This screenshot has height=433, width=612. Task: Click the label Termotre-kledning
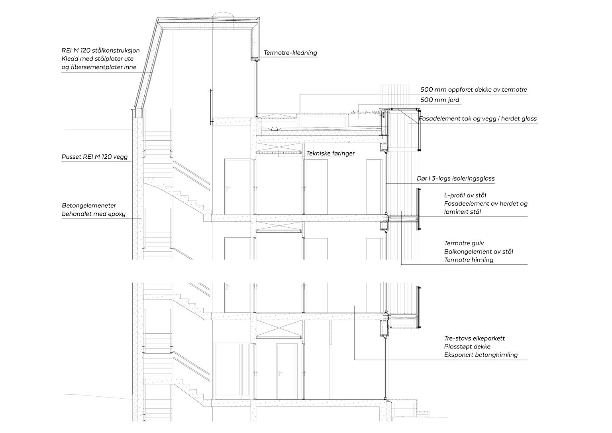[x=290, y=53]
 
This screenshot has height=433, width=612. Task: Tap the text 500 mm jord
[x=439, y=100]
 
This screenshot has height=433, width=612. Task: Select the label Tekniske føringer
[x=330, y=154]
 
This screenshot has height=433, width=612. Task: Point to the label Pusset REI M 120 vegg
[x=94, y=157]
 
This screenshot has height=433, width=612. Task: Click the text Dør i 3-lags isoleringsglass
[x=456, y=179]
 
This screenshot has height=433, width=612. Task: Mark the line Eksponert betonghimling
[x=481, y=355]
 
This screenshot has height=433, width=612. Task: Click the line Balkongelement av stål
[x=479, y=252]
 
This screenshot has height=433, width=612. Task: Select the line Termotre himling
[x=469, y=260]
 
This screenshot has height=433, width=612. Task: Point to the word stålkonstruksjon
[x=116, y=50]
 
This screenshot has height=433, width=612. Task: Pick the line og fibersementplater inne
[x=99, y=67]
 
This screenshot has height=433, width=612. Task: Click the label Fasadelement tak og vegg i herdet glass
[x=478, y=119]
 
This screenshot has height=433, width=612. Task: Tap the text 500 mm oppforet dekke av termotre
[x=474, y=90]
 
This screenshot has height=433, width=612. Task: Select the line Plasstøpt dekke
[x=467, y=346]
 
